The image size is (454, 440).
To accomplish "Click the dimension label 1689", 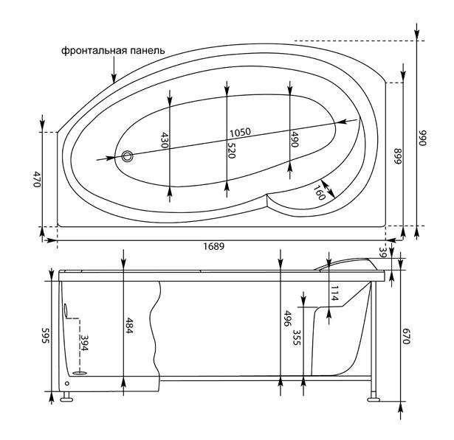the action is coord(213,246).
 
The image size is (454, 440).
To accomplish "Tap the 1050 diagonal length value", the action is coord(240,133).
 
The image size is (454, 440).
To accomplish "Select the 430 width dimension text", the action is coord(165,140).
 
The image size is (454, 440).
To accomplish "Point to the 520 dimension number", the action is coord(231,150).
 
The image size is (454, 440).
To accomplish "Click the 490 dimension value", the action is coord(294,139).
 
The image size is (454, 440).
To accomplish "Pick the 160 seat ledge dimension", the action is coord(320,192).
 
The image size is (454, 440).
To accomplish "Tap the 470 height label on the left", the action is coord(37,179).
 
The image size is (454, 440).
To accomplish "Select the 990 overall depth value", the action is coord(423,138).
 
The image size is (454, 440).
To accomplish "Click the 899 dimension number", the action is coord(398,156).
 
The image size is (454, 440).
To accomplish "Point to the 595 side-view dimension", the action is coord(46,335).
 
